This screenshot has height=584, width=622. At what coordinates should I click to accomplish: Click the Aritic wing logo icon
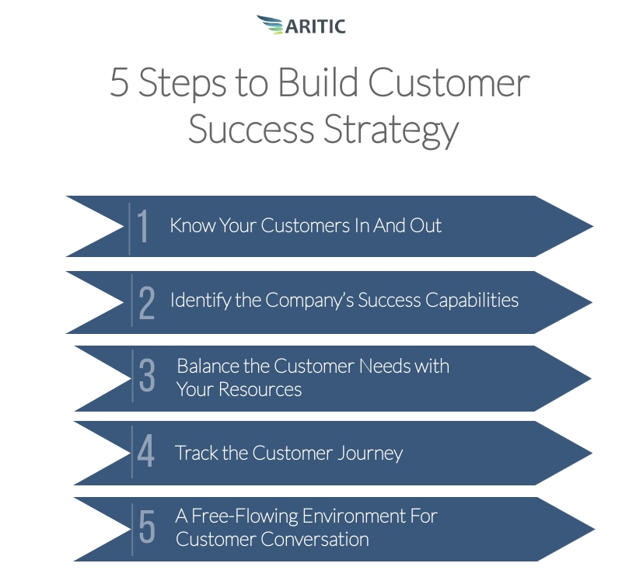coord(270,25)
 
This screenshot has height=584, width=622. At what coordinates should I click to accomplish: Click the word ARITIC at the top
coord(316,26)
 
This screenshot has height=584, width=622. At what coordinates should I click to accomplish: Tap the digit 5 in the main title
coord(119,82)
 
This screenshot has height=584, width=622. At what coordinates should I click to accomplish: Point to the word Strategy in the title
coord(391,130)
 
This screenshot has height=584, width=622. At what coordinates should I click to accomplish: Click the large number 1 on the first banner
coord(142,226)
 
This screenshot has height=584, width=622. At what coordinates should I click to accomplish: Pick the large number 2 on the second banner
coord(147,303)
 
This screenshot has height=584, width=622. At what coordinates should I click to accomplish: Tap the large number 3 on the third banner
coord(147,375)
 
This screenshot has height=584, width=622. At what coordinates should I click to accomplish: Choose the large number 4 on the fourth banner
coord(145,450)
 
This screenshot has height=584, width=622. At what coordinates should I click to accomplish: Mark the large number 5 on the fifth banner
coord(147,527)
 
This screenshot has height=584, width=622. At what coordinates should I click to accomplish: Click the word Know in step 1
coord(193,225)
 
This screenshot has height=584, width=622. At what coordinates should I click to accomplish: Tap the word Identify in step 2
coord(201,300)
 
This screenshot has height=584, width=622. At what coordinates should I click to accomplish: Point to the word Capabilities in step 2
coord(472,300)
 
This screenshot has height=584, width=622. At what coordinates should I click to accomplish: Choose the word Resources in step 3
coord(260,389)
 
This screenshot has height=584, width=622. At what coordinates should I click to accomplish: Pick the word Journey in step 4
coord(371,454)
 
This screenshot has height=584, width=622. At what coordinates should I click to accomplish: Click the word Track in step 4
coord(197,453)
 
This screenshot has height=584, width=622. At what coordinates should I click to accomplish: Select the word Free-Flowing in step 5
coord(245,516)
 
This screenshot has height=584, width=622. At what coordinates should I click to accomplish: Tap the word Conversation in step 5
coord(315,539)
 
